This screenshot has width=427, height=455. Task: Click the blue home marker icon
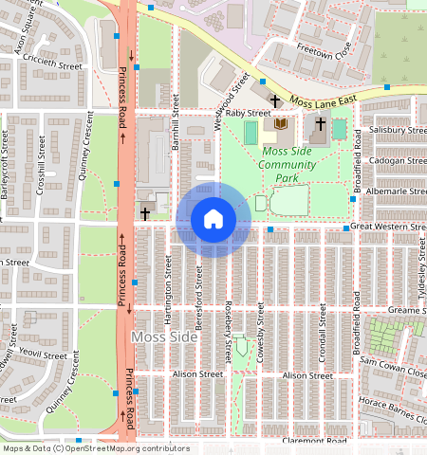tap(213, 219)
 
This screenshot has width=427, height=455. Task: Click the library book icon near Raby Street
tap(281, 124)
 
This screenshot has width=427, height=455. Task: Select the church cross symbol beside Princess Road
tap(144, 214)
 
